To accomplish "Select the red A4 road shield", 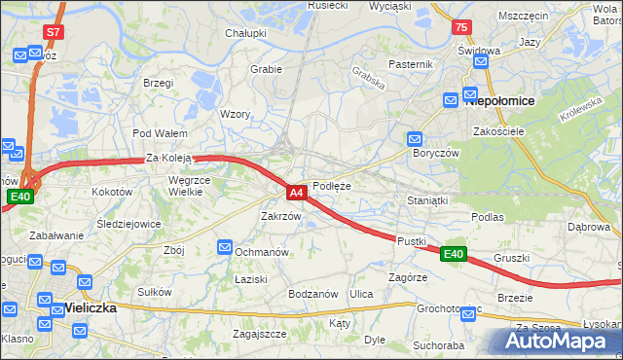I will tap(298, 193).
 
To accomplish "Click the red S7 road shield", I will tap(55, 32).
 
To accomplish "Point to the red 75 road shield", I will tap(462, 28).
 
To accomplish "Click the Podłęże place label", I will tap(332, 185).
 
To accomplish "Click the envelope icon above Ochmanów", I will tap(227, 248).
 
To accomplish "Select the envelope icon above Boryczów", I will tap(416, 139).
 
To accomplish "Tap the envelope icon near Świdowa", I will tap(480, 62).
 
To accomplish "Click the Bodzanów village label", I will tap(312, 294).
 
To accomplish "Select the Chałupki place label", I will tap(246, 33).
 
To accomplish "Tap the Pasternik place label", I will tap(410, 64).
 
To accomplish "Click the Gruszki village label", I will tap(511, 258).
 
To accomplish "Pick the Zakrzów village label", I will tap(281, 216).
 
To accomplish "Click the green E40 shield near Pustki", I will tap(454, 254).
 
